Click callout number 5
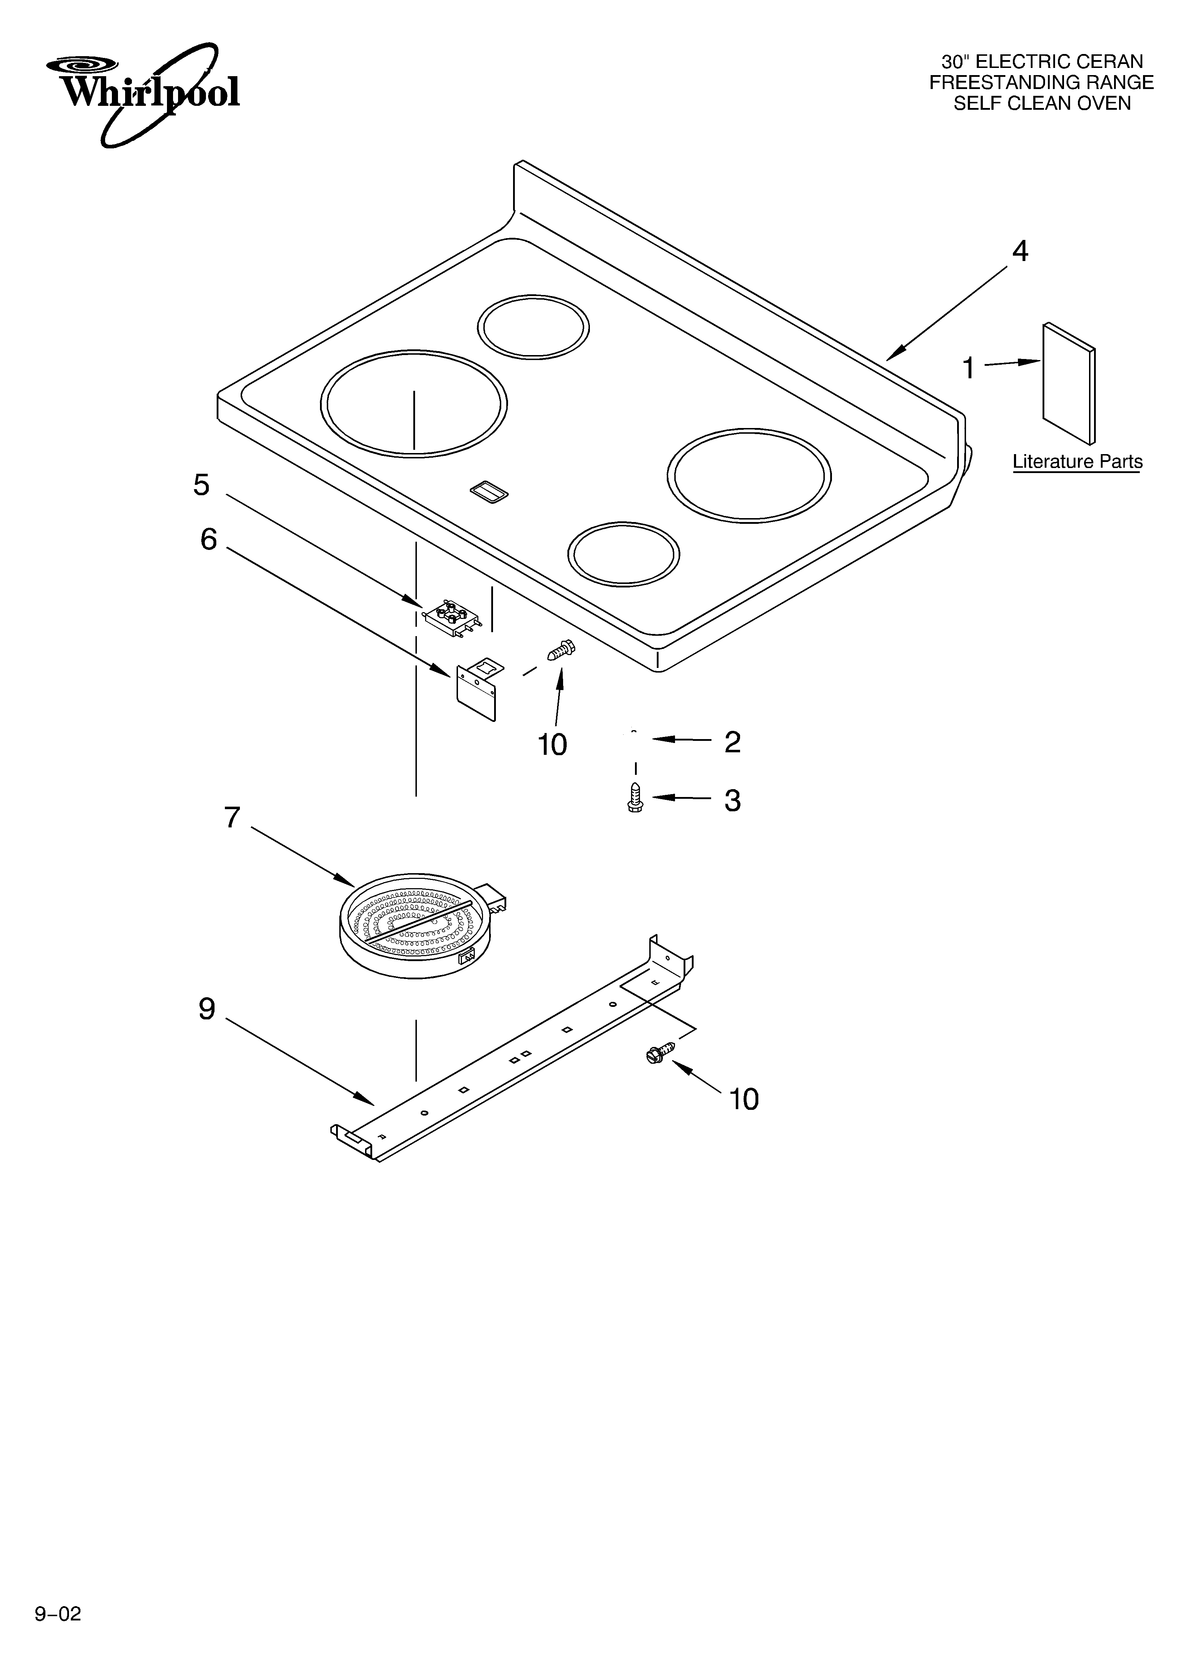tap(201, 485)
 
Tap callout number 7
tap(232, 818)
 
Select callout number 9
tap(207, 1009)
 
